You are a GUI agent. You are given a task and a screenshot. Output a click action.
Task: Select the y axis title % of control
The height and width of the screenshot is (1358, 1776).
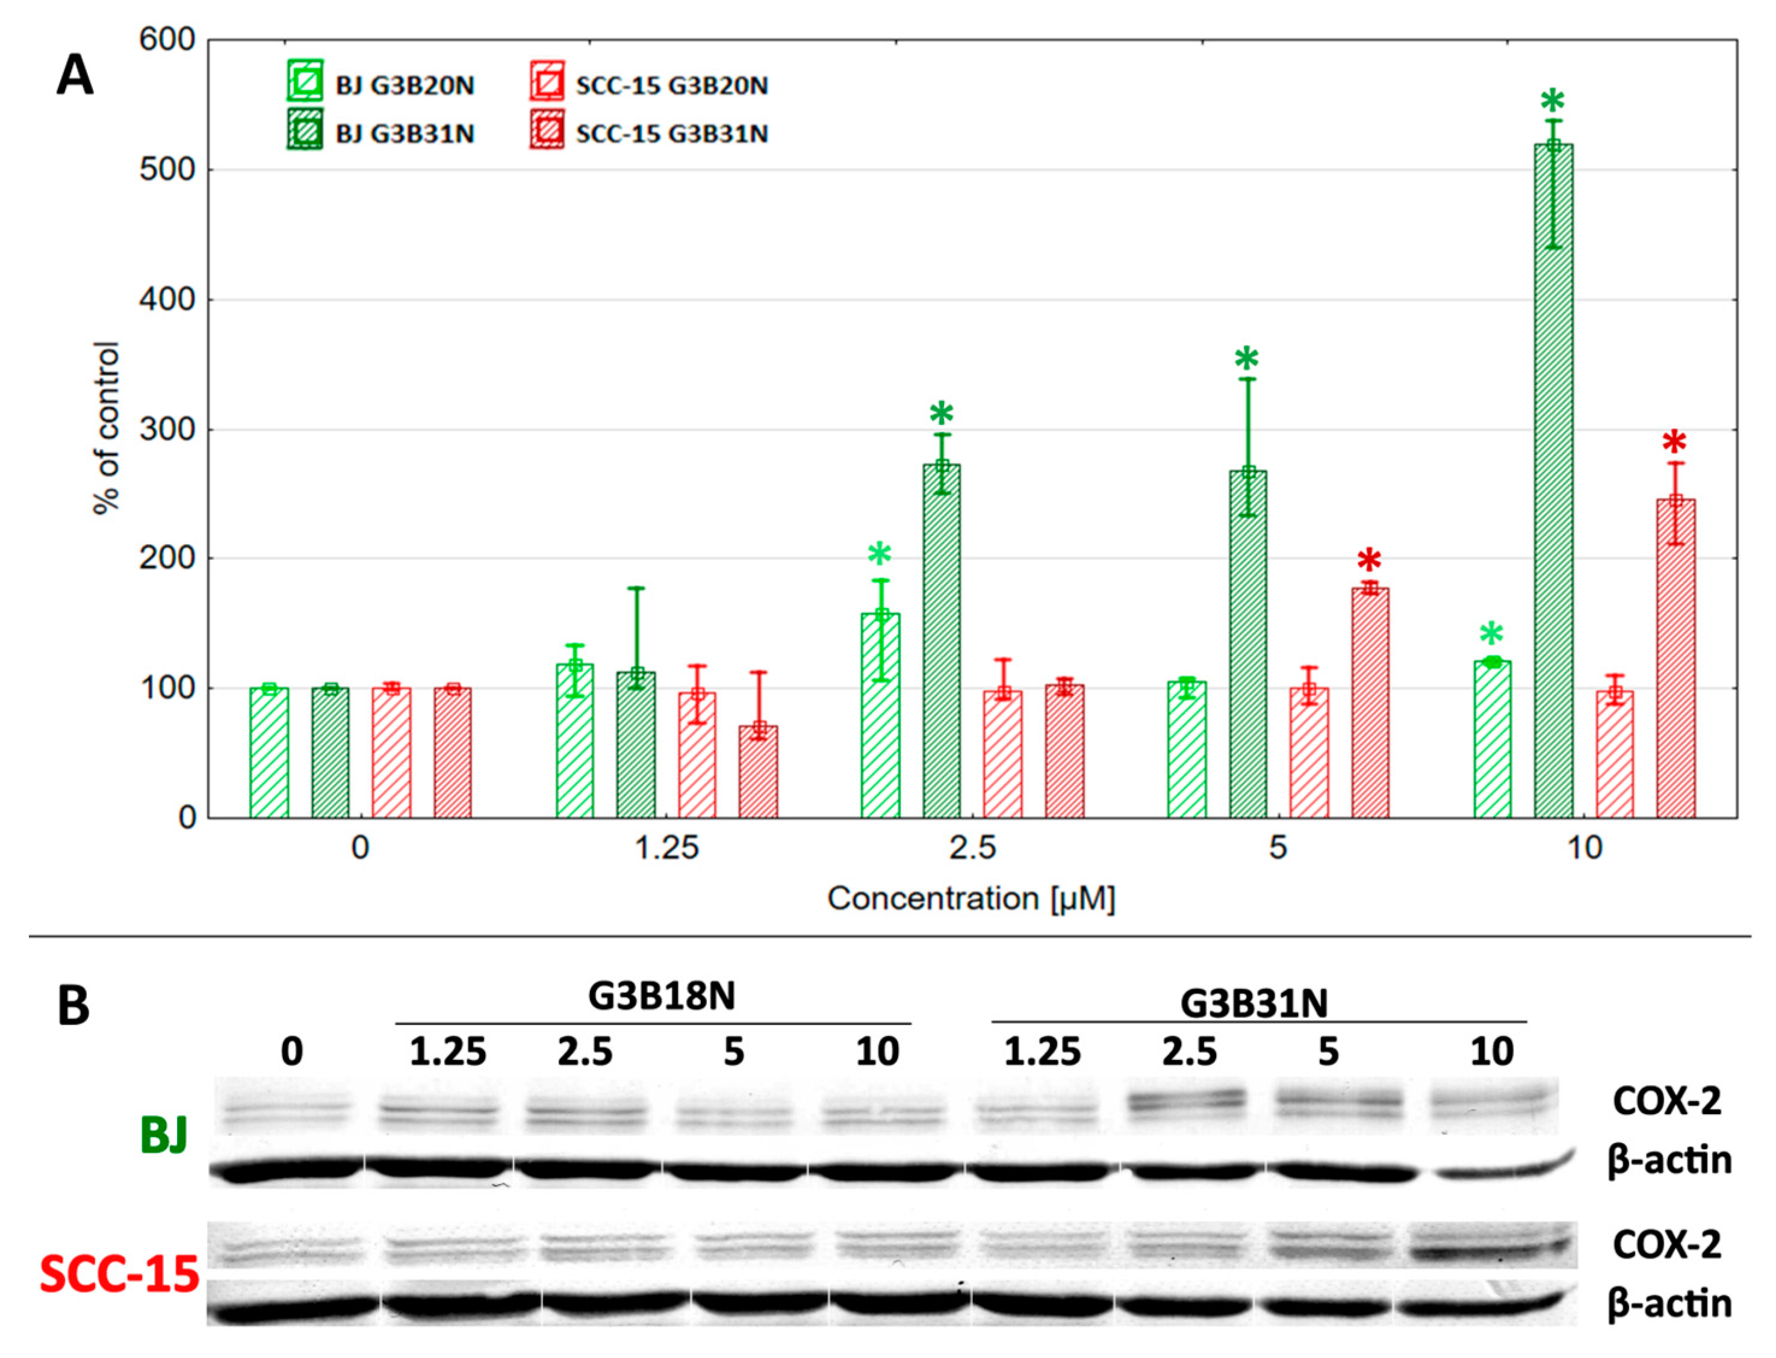107,429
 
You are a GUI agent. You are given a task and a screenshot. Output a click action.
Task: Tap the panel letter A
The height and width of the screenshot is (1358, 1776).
75,78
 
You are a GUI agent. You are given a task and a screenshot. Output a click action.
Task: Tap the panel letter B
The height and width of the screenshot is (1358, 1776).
73,1006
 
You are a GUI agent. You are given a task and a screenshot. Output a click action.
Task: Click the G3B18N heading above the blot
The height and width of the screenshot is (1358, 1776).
661,996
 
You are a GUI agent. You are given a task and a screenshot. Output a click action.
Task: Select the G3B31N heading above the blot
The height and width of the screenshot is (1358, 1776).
1254,1003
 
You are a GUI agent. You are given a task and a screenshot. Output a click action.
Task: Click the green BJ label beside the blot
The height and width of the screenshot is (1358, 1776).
163,1135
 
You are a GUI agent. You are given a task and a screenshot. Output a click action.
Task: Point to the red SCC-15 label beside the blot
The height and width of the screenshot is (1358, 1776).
120,1275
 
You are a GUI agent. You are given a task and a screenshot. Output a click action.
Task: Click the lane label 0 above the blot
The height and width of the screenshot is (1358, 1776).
292,1052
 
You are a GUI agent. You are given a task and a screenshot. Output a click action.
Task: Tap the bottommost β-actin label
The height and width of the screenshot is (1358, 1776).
1669,1303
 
